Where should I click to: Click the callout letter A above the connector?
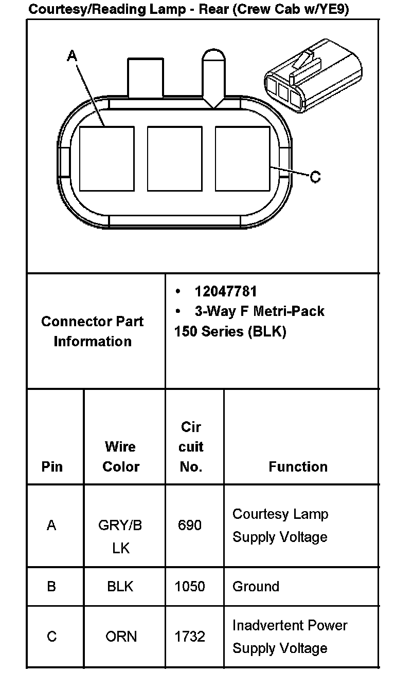[72, 55]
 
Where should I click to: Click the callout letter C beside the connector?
[315, 177]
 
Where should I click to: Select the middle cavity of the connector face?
[174, 158]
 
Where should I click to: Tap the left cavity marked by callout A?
[106, 158]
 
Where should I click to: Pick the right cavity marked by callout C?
[242, 158]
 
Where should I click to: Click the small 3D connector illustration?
[312, 76]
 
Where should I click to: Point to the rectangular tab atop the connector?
[146, 77]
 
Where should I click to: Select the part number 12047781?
[225, 291]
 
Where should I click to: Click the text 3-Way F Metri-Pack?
[259, 311]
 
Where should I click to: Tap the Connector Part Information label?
[93, 331]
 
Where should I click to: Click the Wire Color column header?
[121, 456]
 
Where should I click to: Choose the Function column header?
[298, 466]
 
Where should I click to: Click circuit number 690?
[190, 526]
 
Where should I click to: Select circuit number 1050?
[190, 586]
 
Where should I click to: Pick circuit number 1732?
[190, 636]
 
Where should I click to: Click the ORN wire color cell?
[121, 636]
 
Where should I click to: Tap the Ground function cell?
[256, 586]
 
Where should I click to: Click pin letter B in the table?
[51, 586]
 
